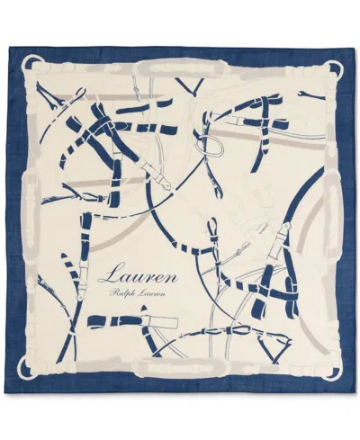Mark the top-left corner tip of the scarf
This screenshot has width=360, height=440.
coord(8,48)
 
